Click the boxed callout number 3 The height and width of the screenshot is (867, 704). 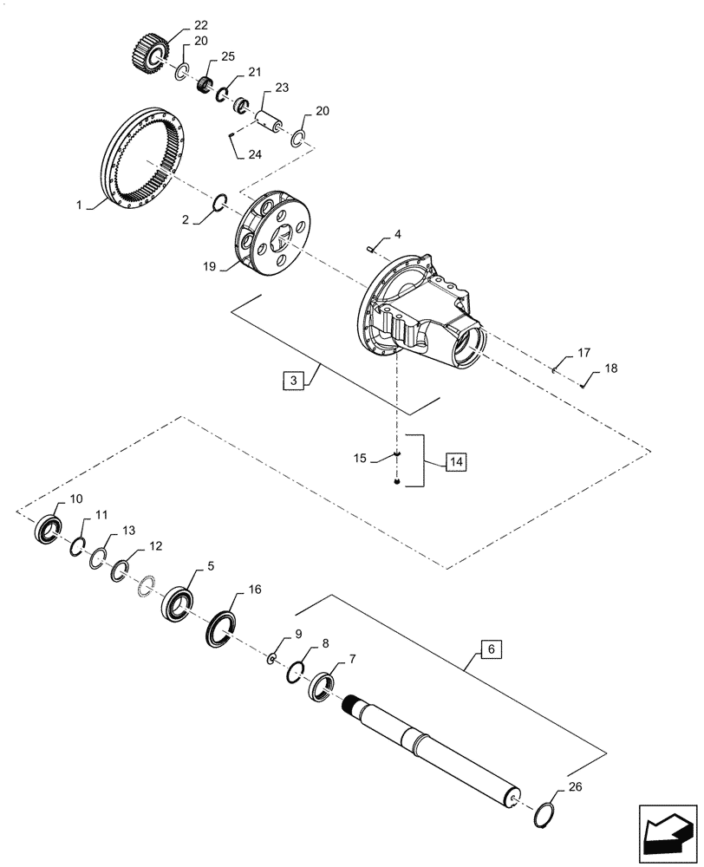click(x=293, y=380)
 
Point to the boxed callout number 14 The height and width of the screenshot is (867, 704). click(x=456, y=460)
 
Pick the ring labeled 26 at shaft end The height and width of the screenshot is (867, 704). click(x=544, y=815)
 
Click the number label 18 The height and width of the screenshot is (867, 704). click(x=611, y=368)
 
